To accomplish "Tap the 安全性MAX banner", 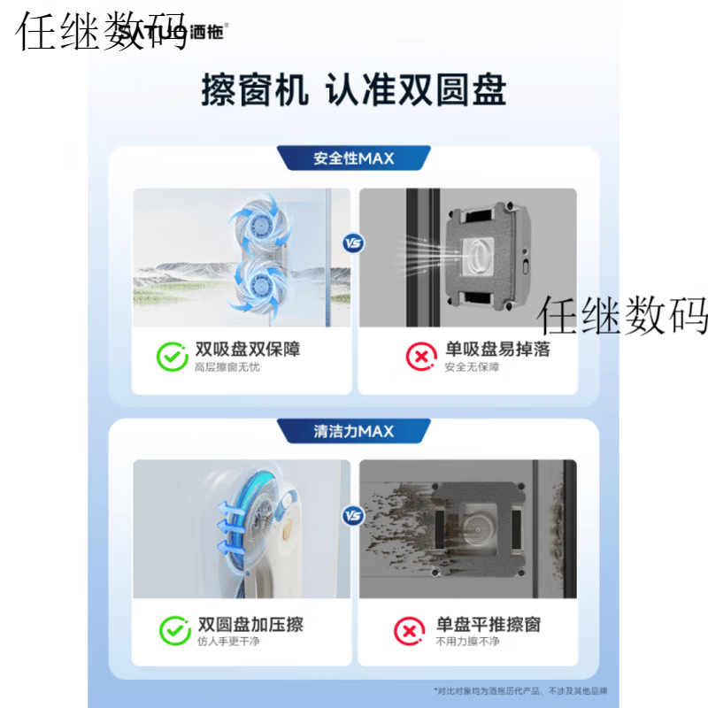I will click(x=354, y=158).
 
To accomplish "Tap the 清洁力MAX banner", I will click(x=354, y=431).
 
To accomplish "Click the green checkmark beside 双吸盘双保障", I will click(x=171, y=357).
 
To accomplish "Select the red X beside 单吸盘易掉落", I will click(x=420, y=357).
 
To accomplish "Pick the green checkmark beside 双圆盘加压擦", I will click(x=174, y=631).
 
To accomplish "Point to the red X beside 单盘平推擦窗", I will click(x=409, y=631).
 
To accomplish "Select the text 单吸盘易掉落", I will click(x=496, y=350).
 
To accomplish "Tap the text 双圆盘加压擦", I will click(x=250, y=624).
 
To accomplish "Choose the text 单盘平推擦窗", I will click(x=488, y=624).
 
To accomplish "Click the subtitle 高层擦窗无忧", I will click(x=227, y=367).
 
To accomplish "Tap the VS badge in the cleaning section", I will click(x=354, y=514).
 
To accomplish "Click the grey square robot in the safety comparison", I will click(x=483, y=256).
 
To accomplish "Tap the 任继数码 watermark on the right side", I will click(x=624, y=315).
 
